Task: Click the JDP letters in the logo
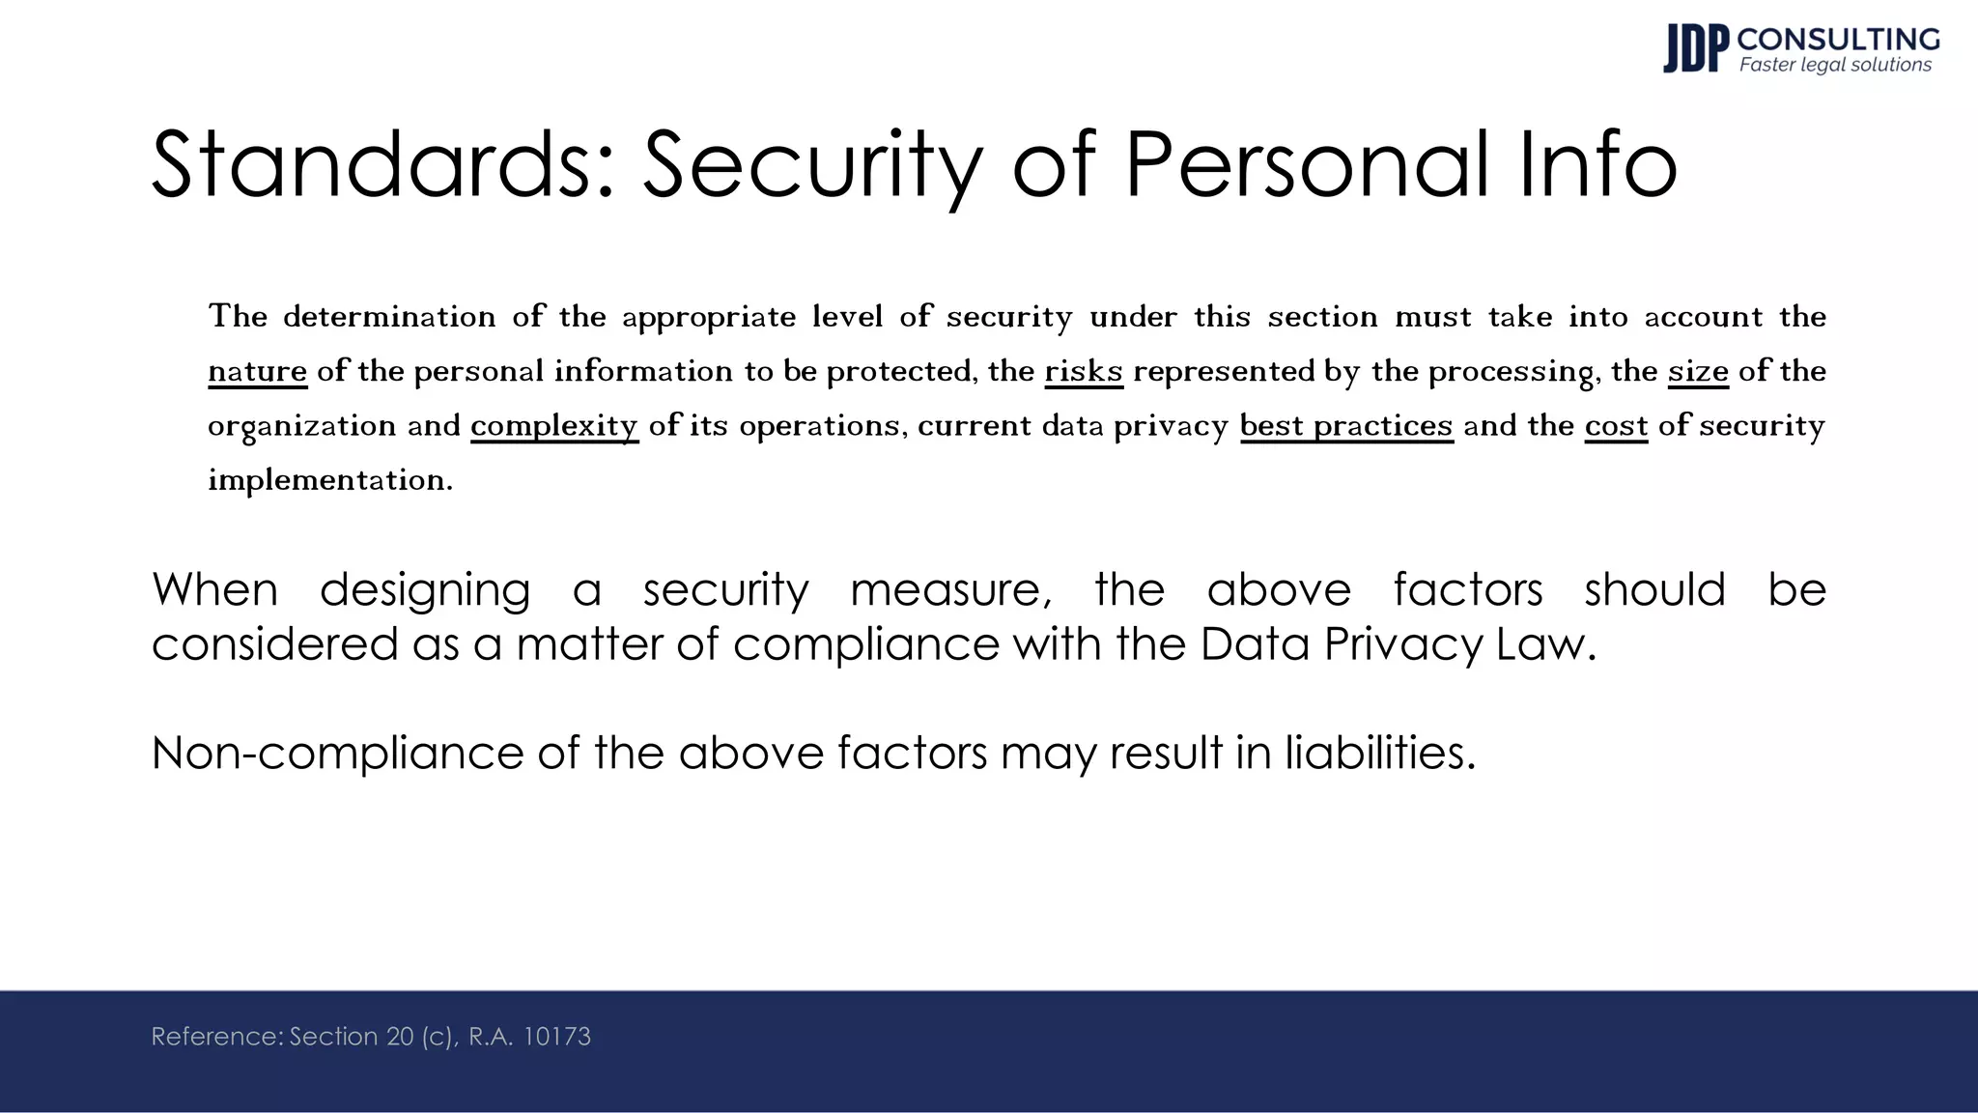point(1695,49)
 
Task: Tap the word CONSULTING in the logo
point(1838,40)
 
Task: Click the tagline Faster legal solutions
point(1835,66)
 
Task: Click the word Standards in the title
point(383,164)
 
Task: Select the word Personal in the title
point(1307,164)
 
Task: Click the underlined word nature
point(258,371)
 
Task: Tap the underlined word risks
point(1084,371)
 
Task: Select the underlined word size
point(1698,371)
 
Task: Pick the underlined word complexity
point(554,426)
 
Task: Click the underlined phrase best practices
point(1346,426)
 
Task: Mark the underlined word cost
point(1616,426)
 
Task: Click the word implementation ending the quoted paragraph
point(328,480)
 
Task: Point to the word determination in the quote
point(389,317)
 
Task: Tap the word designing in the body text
point(425,590)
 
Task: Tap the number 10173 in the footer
point(556,1037)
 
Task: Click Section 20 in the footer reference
point(352,1037)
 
